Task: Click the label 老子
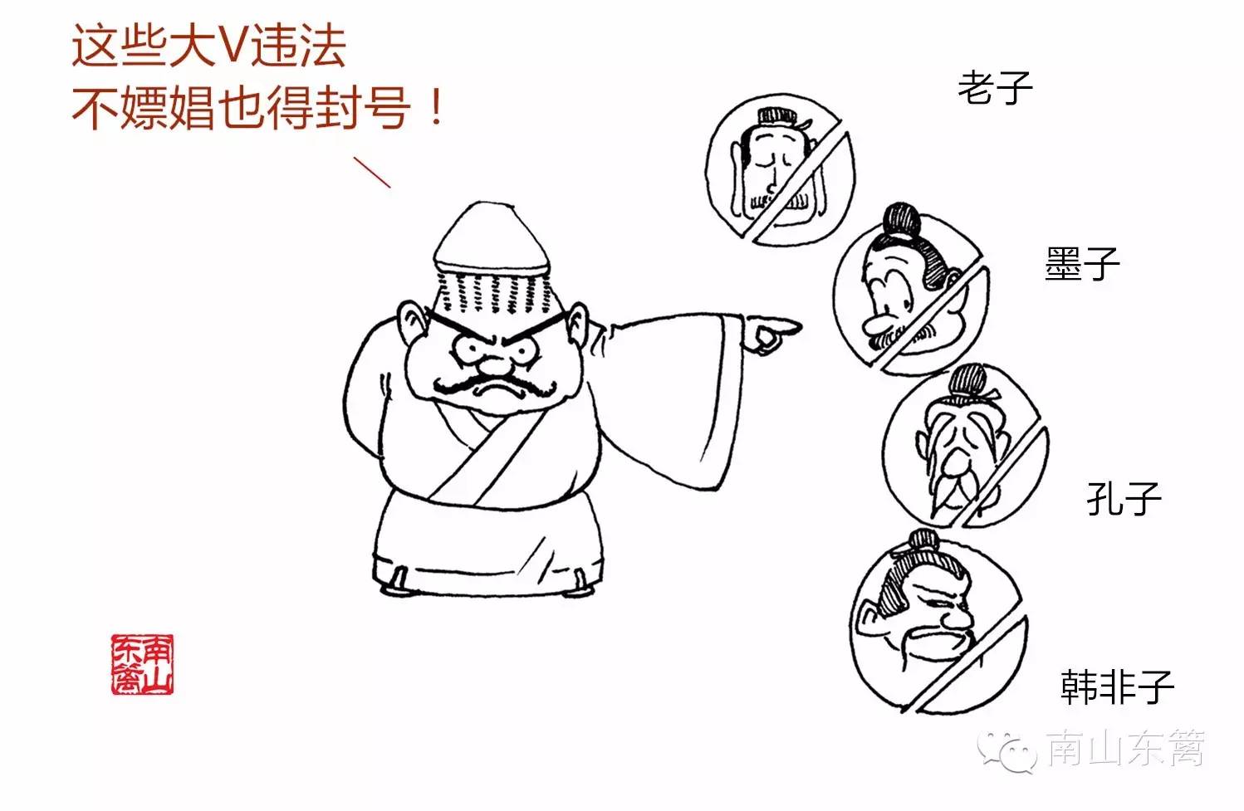click(x=995, y=88)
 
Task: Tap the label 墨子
click(x=1082, y=264)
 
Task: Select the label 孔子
click(x=1124, y=498)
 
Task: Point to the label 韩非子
click(x=1118, y=686)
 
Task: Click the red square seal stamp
click(x=142, y=664)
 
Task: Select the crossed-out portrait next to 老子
click(x=781, y=170)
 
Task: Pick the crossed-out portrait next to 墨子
click(x=911, y=294)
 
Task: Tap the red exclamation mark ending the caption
click(x=437, y=107)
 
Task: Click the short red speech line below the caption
click(x=372, y=172)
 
